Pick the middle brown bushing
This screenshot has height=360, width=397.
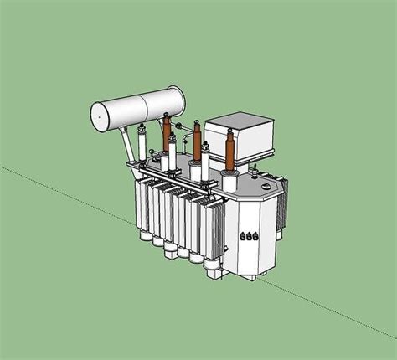(198, 140)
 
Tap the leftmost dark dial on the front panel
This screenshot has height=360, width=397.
(242, 237)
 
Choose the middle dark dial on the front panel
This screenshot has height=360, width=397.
(248, 238)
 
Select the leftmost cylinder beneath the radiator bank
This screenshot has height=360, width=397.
(144, 235)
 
